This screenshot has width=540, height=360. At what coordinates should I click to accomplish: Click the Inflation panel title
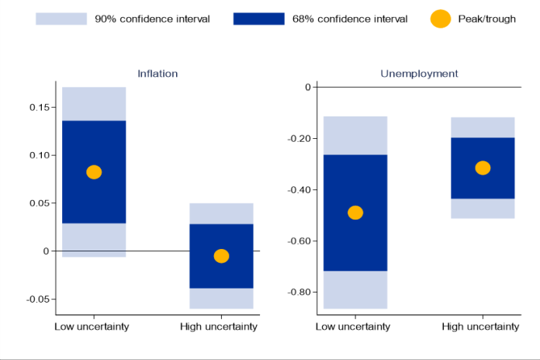coord(157,74)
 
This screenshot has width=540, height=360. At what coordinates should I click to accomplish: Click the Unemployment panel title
coord(419,74)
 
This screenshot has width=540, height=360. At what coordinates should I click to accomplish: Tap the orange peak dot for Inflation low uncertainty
coord(94,172)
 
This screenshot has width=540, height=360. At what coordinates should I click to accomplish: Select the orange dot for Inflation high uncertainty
coord(221,256)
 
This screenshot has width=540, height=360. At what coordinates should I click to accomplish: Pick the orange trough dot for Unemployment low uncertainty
coord(355,213)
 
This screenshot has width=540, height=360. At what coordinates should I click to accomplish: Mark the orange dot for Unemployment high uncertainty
coord(483,168)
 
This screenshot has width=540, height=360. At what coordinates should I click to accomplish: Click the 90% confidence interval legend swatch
coord(61,19)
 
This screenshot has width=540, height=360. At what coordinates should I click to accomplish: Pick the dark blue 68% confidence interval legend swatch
coord(258,19)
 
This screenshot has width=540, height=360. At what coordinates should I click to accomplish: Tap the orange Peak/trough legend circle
coord(440,19)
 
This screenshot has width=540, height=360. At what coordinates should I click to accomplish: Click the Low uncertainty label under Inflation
coord(92,327)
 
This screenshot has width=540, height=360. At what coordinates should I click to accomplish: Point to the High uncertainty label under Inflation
coord(220,327)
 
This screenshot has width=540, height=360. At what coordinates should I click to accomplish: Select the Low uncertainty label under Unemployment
coord(353,327)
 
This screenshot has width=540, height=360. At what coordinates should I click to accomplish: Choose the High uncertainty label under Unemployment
coord(481,327)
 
